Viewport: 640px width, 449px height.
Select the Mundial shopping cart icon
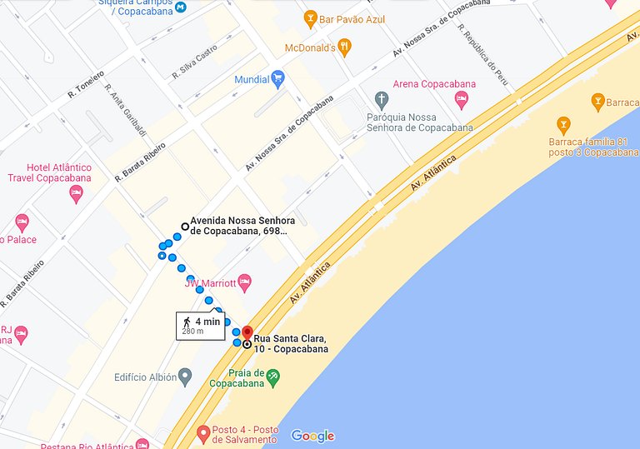pos(278,79)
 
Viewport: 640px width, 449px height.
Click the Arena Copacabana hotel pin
pos(461,100)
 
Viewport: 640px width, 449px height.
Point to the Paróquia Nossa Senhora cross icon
pos(382,100)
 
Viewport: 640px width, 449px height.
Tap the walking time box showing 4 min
pos(200,325)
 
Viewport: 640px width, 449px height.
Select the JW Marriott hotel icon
pos(244,282)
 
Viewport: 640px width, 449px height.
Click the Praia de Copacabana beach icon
pos(272,377)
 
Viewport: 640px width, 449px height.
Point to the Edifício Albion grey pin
pos(185,377)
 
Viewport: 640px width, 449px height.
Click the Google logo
pos(312,436)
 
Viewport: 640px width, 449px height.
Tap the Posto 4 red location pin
pos(203,433)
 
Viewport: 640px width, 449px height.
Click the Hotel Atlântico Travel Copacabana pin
pos(76,193)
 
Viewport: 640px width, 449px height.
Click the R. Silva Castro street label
pos(194,62)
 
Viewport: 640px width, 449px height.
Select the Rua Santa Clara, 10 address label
pos(290,343)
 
